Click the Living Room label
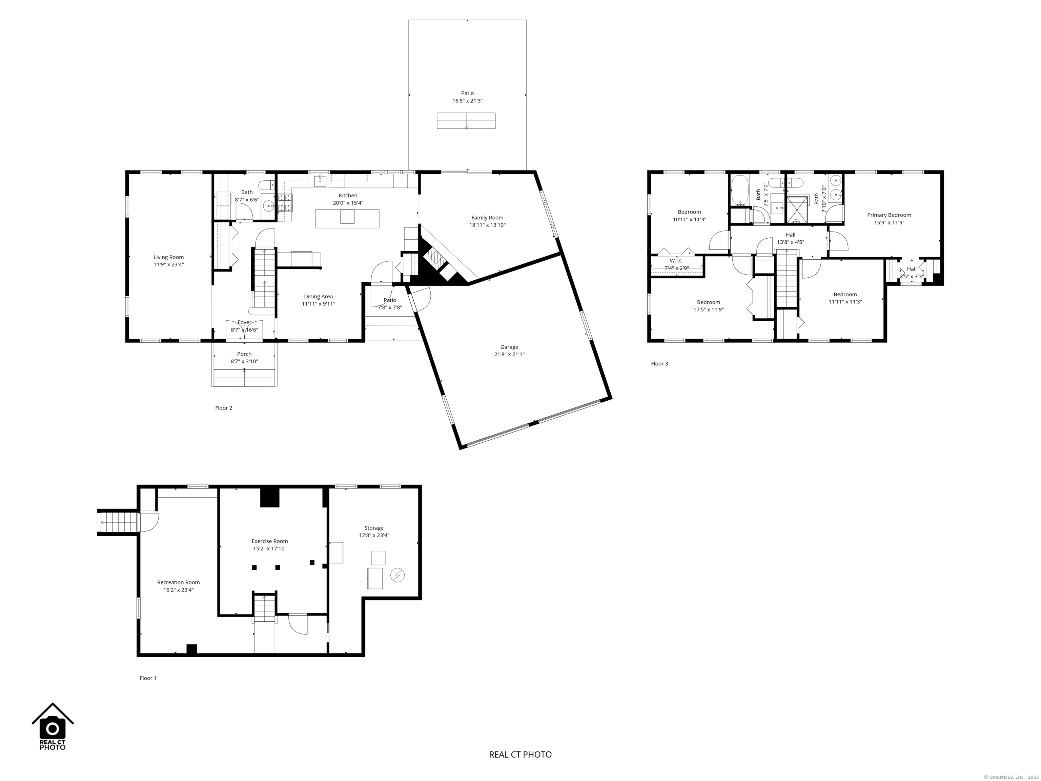coord(168,257)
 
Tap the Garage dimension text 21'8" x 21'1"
coord(509,355)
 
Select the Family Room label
coord(487,218)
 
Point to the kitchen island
coord(347,218)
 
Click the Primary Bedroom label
coord(889,215)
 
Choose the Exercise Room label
coord(270,541)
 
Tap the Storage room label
coord(374,528)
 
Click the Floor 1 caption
coord(148,678)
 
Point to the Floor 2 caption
coord(224,408)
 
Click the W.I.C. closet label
coord(677,261)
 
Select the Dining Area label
coord(318,297)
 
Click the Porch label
coord(244,354)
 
